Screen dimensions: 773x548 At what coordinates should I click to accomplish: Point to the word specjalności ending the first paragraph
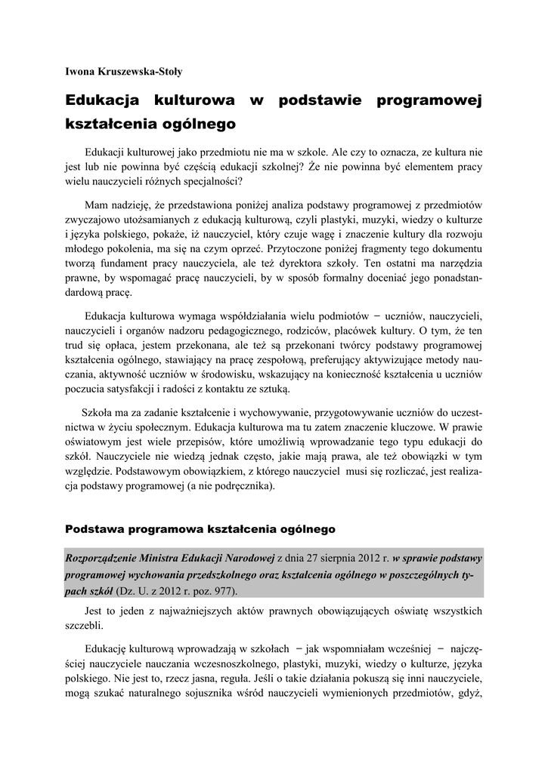213,181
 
